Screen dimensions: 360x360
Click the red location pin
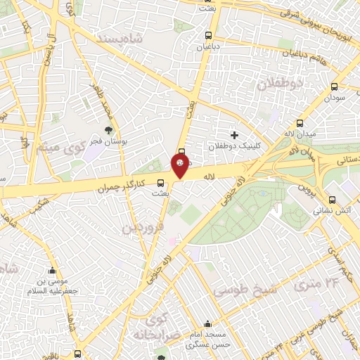tap(181, 165)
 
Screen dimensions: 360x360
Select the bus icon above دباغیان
tap(207, 35)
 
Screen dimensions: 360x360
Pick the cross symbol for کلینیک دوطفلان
tap(235, 134)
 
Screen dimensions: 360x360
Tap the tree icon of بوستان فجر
tap(108, 131)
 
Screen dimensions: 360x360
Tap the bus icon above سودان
tap(334, 87)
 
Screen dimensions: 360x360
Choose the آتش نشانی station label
tap(326, 209)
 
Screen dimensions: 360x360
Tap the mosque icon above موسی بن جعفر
tap(51, 271)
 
